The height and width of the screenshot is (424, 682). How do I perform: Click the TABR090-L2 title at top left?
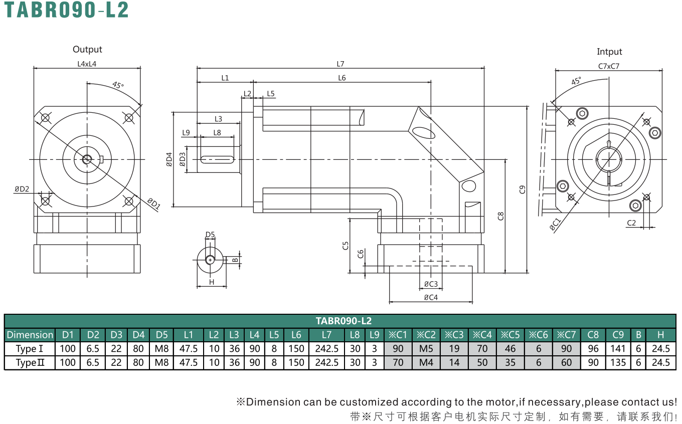[x=66, y=10]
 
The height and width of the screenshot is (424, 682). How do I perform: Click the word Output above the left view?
[x=87, y=49]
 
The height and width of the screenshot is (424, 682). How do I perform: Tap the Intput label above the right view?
[x=609, y=52]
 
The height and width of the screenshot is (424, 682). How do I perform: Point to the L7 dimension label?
[x=340, y=64]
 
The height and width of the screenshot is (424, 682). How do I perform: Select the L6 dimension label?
[x=342, y=78]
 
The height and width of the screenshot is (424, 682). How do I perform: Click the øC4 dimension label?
[x=431, y=297]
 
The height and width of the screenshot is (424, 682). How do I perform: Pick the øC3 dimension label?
[x=431, y=284]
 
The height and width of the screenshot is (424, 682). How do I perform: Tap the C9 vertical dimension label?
[x=523, y=189]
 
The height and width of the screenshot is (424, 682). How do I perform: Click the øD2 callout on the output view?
[x=22, y=189]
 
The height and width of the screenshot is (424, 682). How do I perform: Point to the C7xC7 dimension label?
[x=609, y=66]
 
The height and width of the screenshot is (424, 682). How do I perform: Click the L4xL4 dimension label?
[x=87, y=64]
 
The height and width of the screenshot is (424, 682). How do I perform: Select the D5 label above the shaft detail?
[x=210, y=235]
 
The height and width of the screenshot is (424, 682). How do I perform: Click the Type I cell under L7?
[x=326, y=348]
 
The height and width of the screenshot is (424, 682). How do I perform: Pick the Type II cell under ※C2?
[x=426, y=362]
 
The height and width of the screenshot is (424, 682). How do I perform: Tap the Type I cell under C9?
[x=618, y=348]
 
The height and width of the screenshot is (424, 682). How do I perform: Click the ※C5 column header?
[x=510, y=335]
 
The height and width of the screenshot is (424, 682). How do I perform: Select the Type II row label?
[x=30, y=362]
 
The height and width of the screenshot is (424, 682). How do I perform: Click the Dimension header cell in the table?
[x=30, y=335]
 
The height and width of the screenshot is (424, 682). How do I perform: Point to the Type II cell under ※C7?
[x=566, y=362]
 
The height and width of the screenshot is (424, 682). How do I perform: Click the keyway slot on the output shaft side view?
[x=218, y=159]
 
